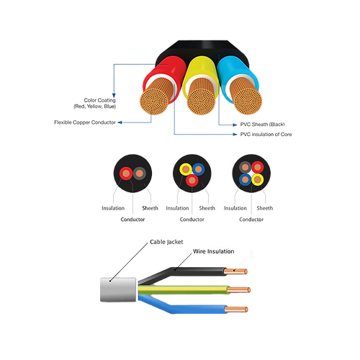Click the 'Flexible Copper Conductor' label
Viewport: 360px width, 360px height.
click(x=85, y=122)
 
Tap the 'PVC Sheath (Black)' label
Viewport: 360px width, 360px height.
click(x=262, y=125)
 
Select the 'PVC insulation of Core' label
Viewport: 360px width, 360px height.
click(x=266, y=135)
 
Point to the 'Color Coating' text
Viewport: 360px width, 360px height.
click(x=99, y=100)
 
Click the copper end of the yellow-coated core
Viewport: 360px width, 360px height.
click(x=201, y=101)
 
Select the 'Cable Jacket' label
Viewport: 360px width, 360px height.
click(x=166, y=242)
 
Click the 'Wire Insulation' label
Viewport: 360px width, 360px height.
click(x=214, y=251)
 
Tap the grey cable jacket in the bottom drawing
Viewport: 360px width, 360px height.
click(x=118, y=289)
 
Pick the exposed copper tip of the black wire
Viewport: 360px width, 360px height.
click(x=235, y=271)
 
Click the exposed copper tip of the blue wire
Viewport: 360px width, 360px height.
click(x=236, y=310)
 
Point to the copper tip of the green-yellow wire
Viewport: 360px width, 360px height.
click(x=239, y=290)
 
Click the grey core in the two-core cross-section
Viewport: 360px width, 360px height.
click(x=140, y=174)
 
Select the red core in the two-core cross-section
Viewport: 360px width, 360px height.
click(x=126, y=174)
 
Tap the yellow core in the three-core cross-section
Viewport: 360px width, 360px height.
click(x=186, y=169)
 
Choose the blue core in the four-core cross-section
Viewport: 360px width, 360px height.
click(x=245, y=179)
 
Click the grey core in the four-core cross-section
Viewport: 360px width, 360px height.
click(x=245, y=167)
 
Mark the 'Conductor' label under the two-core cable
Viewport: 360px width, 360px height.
click(x=132, y=220)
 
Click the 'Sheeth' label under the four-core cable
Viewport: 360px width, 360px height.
click(x=265, y=208)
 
